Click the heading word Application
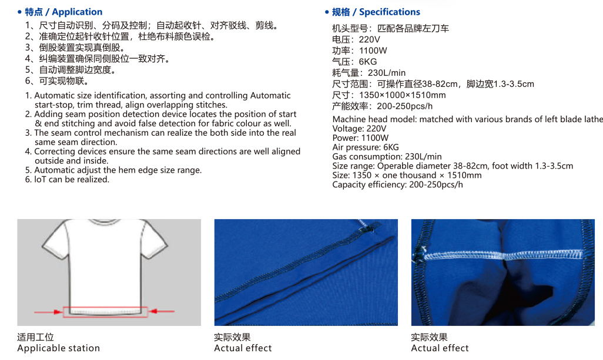pos(77,12)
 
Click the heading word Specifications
pos(390,12)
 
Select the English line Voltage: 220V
pos(359,129)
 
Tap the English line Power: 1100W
pos(360,138)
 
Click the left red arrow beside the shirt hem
pos(48,312)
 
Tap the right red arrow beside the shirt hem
pos(162,311)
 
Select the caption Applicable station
pos(58,348)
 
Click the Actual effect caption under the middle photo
pos(243,348)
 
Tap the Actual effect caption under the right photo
pos(440,348)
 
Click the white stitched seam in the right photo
pos(504,255)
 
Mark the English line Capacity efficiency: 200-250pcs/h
pos(398,185)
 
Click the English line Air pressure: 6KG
pos(366,147)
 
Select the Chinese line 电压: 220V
pos(356,39)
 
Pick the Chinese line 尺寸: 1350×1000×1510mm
pos(389,95)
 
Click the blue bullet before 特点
pos(19,12)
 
